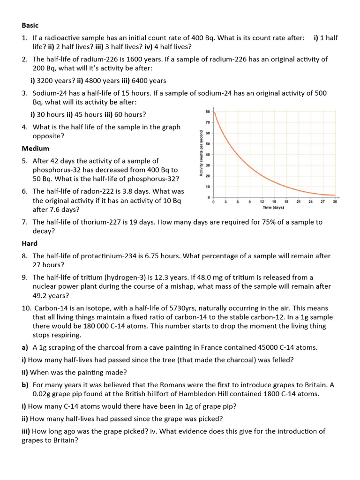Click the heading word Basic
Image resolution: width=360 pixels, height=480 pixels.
[x=30, y=25]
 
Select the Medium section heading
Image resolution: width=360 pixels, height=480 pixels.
[x=36, y=149]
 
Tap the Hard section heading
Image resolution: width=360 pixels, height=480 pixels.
[x=30, y=244]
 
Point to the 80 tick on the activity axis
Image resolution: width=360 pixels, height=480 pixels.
[x=208, y=112]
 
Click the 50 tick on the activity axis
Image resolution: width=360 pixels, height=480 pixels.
[x=208, y=144]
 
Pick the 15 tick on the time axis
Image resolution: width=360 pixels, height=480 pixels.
[x=274, y=202]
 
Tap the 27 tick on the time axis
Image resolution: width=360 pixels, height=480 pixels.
[x=322, y=202]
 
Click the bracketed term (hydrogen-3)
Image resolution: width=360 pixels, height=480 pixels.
[x=127, y=277]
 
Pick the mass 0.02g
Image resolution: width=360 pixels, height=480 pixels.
[x=44, y=394]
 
